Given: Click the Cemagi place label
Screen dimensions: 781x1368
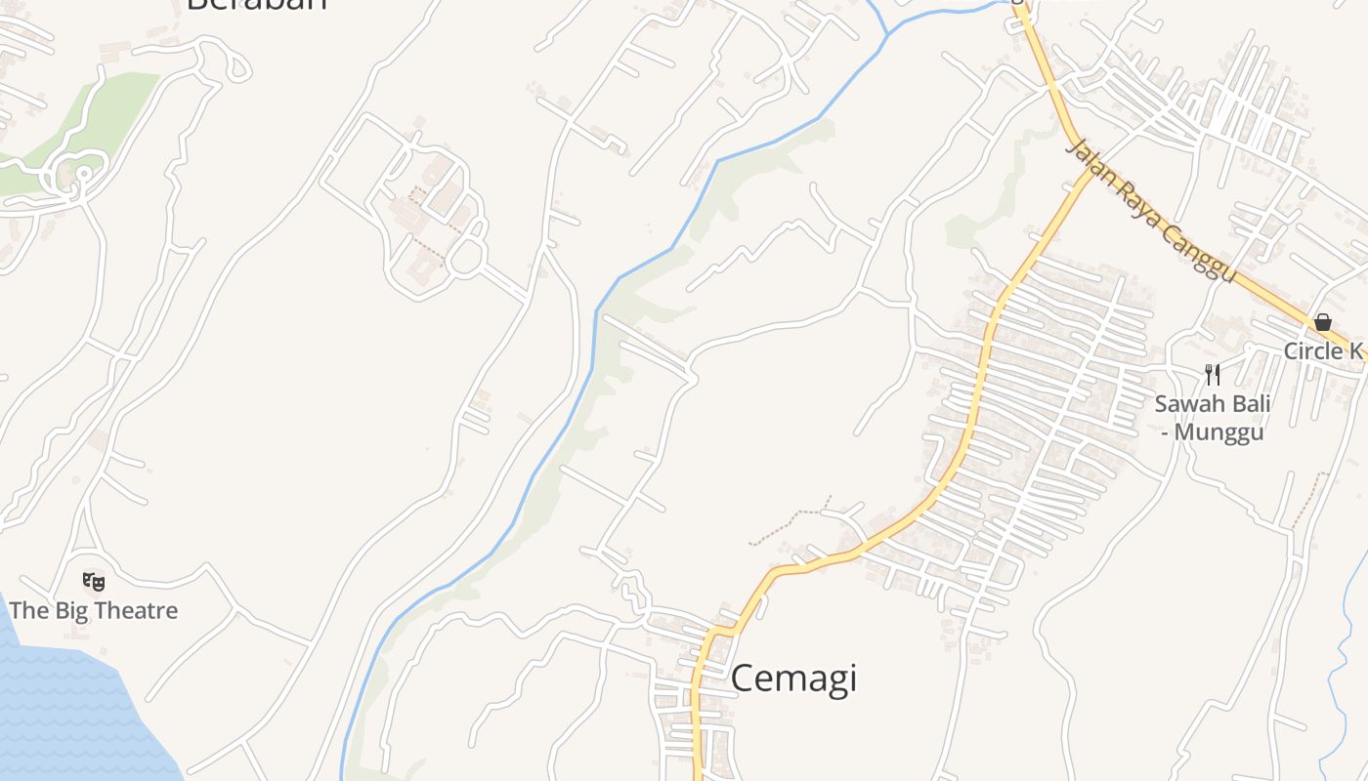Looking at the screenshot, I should (x=793, y=678).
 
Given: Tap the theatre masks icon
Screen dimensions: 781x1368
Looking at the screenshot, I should (x=94, y=582).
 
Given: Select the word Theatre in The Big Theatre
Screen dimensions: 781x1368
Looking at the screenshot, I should (x=132, y=611).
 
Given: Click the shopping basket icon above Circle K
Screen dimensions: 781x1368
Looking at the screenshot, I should (x=1323, y=322).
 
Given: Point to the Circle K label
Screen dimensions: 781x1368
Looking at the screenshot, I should (x=1323, y=351).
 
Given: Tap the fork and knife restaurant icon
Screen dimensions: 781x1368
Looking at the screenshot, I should (x=1213, y=374).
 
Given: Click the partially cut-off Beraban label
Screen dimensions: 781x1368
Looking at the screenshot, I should (x=256, y=4).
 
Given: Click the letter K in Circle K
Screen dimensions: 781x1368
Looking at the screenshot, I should (x=1354, y=351).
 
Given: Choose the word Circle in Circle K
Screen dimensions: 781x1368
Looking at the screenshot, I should (x=1312, y=351).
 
